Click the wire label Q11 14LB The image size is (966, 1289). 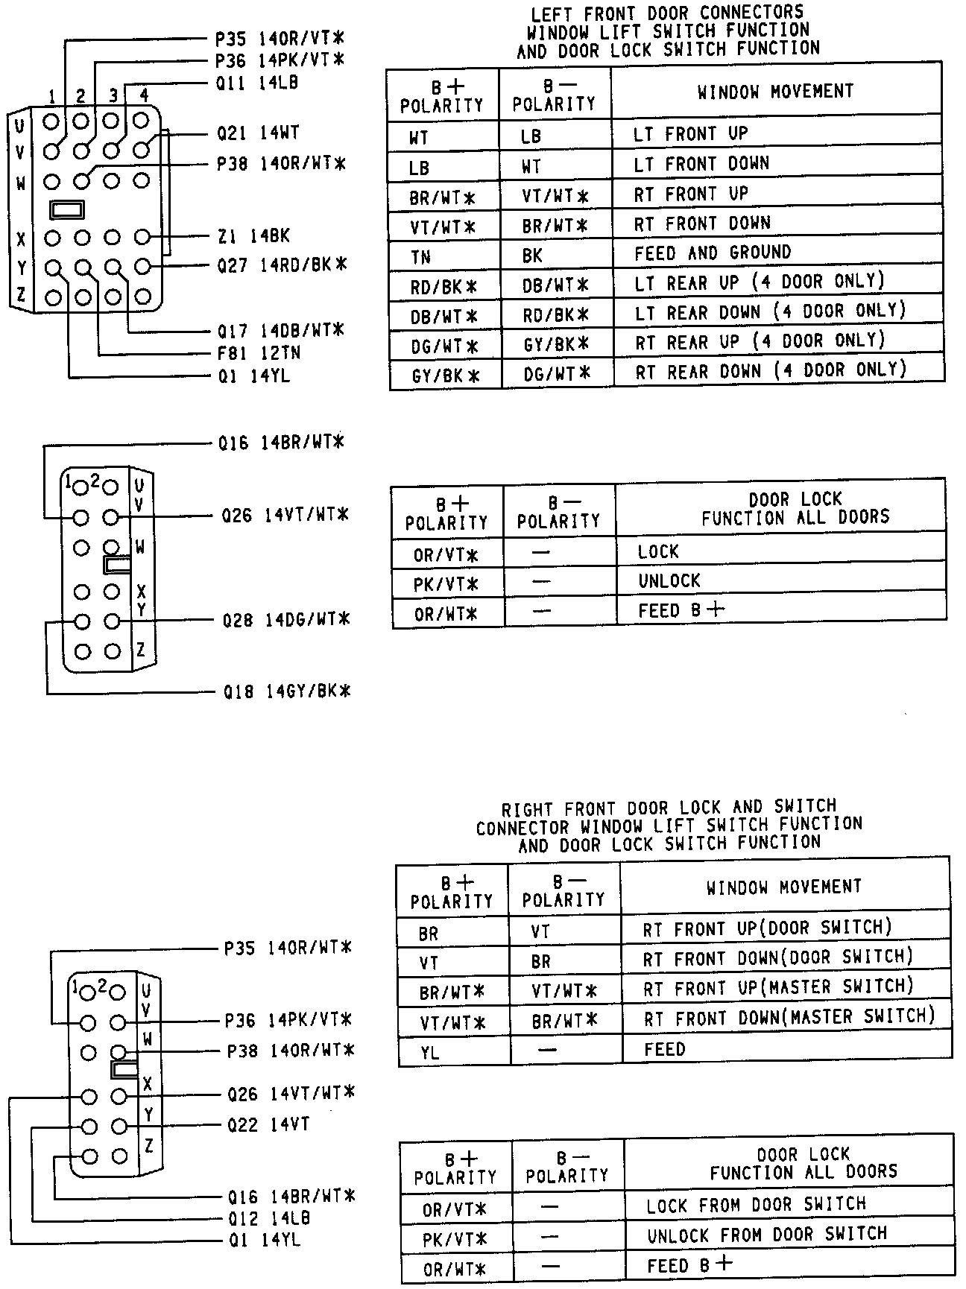257,83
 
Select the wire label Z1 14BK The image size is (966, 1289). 253,236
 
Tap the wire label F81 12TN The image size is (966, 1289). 259,353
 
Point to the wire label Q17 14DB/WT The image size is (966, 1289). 280,330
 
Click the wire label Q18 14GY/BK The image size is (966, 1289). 287,692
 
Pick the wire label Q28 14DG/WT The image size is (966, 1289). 286,620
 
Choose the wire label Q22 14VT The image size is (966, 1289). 269,1124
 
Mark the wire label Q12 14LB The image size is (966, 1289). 269,1219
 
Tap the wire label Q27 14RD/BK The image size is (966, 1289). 282,265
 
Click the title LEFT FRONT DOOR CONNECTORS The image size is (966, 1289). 667,13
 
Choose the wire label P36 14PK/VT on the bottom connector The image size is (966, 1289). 288,1020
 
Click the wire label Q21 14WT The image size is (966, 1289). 258,133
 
